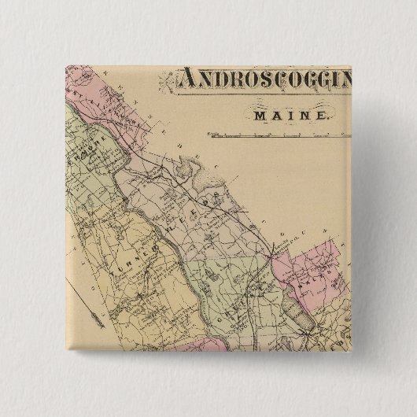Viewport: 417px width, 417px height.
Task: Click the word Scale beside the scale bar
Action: pyautogui.click(x=210, y=135)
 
